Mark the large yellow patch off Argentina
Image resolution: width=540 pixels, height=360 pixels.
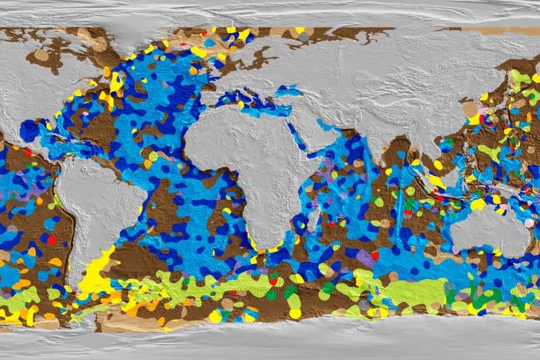[x=98, y=274]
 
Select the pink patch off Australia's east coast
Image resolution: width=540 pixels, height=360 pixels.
[x=529, y=223]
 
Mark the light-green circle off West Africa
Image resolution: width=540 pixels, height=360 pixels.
[x=153, y=156]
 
